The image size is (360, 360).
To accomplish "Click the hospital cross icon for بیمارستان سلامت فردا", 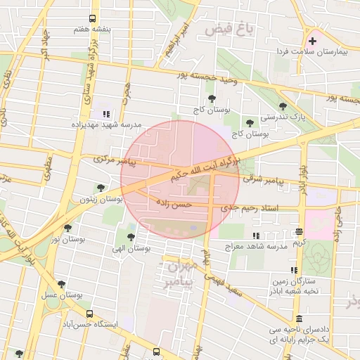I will pos(313,41).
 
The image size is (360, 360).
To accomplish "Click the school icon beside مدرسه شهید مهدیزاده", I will pos(106,113).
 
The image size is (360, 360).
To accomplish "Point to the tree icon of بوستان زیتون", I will pos(101,188).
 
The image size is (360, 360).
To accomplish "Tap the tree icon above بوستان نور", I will pos(67,228).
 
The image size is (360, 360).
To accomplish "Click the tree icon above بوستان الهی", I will pos(130,237).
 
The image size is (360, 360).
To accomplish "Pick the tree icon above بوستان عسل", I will pos(61,285).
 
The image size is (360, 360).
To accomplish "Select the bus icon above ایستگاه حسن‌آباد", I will pos(89,314).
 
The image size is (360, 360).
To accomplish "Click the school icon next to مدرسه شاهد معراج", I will pos(255,236).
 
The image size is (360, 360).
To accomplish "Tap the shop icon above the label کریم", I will pos(300,231).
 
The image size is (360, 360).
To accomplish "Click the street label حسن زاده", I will pos(174,203).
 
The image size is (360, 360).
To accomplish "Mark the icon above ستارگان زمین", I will pos(293,270).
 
